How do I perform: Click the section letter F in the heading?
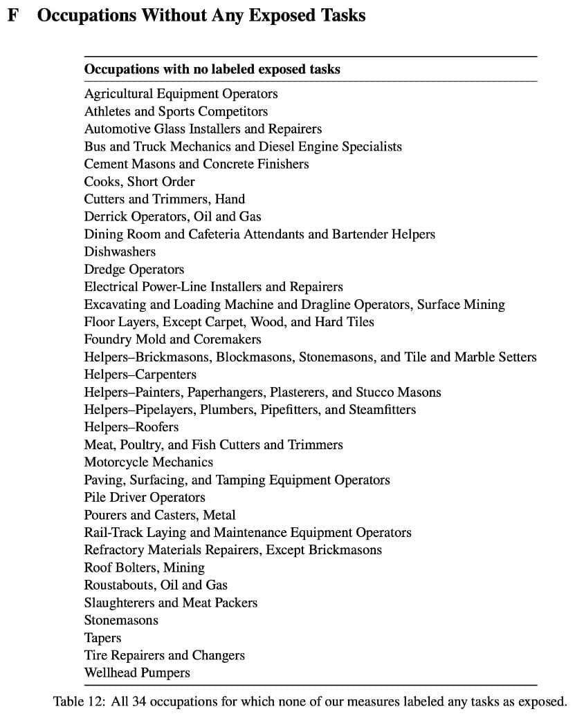tap(12, 15)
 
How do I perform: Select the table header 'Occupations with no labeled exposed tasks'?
tap(212, 69)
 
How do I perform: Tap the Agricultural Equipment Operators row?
tap(181, 94)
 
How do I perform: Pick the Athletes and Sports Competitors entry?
tap(176, 111)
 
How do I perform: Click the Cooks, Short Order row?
tap(139, 182)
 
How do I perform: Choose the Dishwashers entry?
tap(120, 252)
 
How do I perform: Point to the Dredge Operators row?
tap(134, 270)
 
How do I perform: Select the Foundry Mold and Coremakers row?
tap(172, 339)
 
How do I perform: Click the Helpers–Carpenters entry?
tap(140, 375)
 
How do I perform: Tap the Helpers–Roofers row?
tap(131, 427)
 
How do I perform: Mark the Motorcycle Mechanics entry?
tap(148, 462)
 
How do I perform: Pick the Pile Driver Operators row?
tap(145, 498)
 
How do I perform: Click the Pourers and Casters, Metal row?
tap(159, 515)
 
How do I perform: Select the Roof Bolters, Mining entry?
tap(144, 567)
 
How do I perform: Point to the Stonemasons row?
tap(121, 621)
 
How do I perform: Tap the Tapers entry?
tap(102, 638)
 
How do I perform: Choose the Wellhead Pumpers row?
tap(137, 672)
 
